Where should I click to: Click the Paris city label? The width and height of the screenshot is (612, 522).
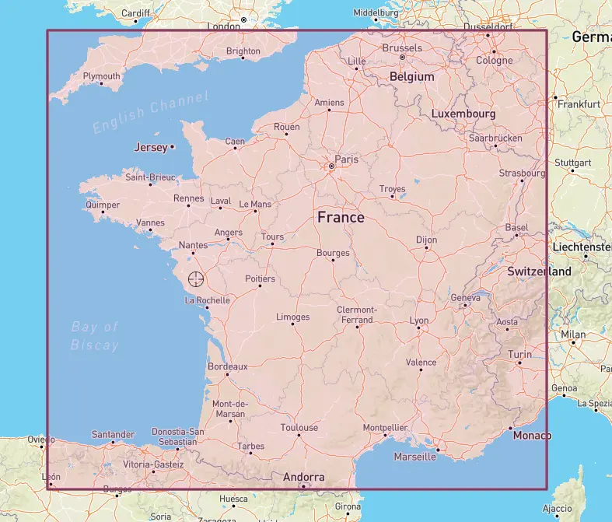pos(346,159)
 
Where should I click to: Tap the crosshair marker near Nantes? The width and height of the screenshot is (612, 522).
pos(196,279)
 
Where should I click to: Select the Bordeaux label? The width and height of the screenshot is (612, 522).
pos(227,366)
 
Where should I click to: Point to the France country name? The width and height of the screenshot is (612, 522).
pos(341,217)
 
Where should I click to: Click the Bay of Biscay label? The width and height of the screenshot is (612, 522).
pos(95,336)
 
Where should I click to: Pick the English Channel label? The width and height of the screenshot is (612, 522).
pos(151,112)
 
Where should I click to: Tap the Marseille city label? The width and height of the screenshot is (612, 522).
pos(415,457)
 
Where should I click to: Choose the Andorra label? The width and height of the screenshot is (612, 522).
pos(304,477)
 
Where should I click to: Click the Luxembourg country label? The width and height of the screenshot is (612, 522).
pos(463,114)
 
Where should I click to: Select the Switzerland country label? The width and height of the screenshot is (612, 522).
pos(540,272)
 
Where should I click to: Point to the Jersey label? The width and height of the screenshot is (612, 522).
pos(151,147)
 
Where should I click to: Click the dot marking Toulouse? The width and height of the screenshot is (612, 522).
pos(299,435)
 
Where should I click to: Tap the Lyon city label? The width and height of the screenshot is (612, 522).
pos(419,321)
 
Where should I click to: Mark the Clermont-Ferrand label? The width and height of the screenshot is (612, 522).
pos(356,314)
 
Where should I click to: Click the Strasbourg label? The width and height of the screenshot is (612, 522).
pos(523,173)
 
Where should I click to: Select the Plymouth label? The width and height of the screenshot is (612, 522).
pos(102,76)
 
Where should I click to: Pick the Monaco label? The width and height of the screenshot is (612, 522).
pos(533,436)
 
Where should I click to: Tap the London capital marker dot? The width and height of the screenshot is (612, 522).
pos(243,19)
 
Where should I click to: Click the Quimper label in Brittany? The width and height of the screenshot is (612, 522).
pos(103,205)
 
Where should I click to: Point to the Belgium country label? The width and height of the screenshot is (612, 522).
pos(412,77)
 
